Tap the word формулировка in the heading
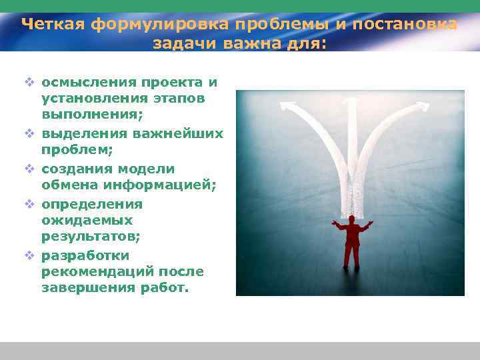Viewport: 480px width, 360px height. pos(157,25)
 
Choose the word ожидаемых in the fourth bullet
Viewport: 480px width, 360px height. pos(87,220)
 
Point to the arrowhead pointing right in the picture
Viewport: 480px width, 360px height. pos(424,106)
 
